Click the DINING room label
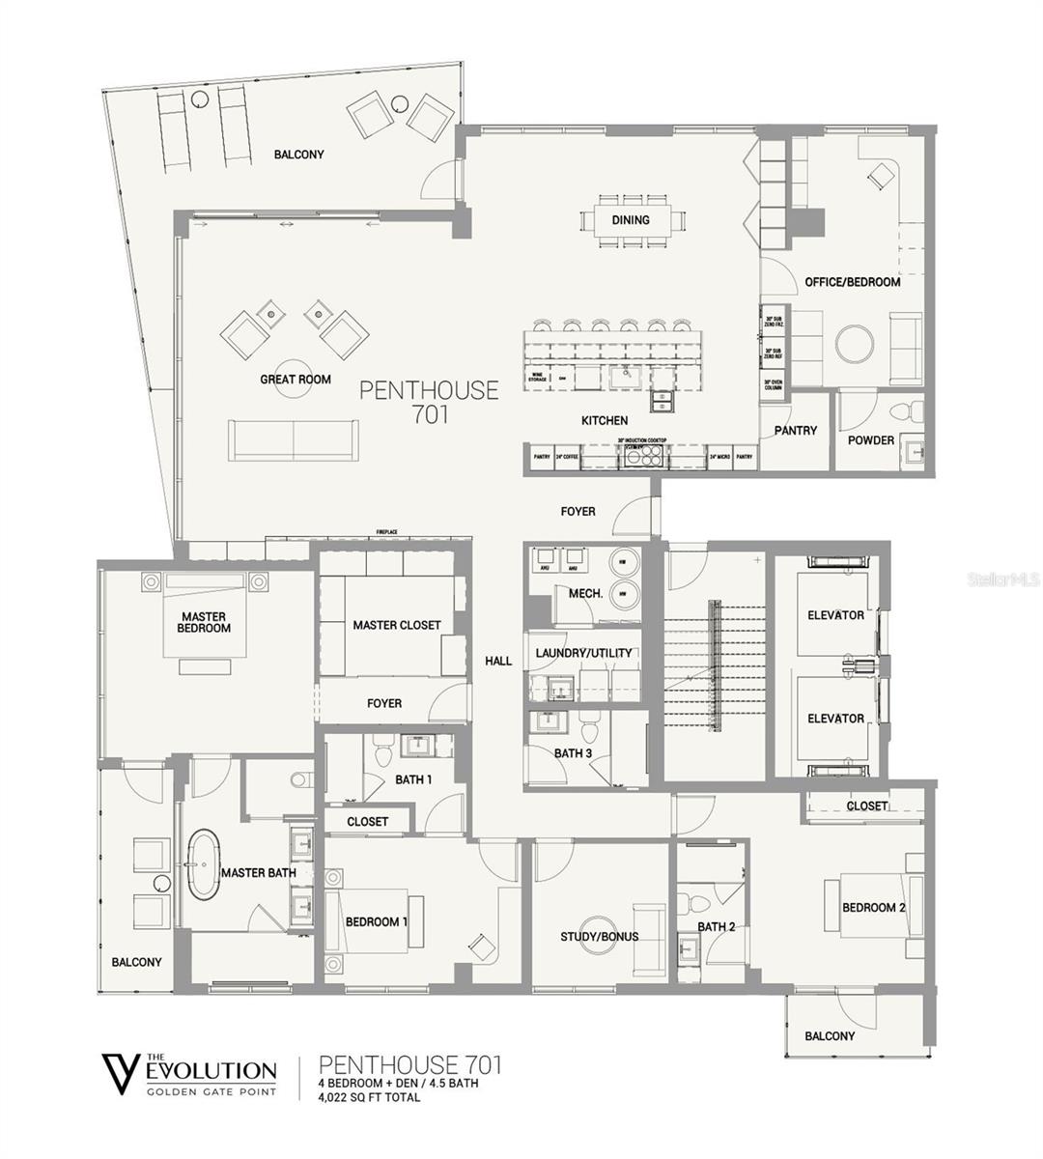click(x=630, y=219)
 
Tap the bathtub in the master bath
click(x=204, y=864)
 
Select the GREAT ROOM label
click(x=296, y=380)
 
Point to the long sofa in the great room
click(x=294, y=440)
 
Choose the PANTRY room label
click(x=795, y=431)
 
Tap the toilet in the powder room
click(x=902, y=410)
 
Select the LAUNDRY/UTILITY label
click(x=583, y=653)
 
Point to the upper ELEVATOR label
click(x=835, y=615)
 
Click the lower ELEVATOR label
click(x=835, y=719)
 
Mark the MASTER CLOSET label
click(x=396, y=625)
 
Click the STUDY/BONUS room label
click(x=599, y=937)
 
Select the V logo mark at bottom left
click(x=121, y=1073)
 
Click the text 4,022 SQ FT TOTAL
click(x=369, y=1097)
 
